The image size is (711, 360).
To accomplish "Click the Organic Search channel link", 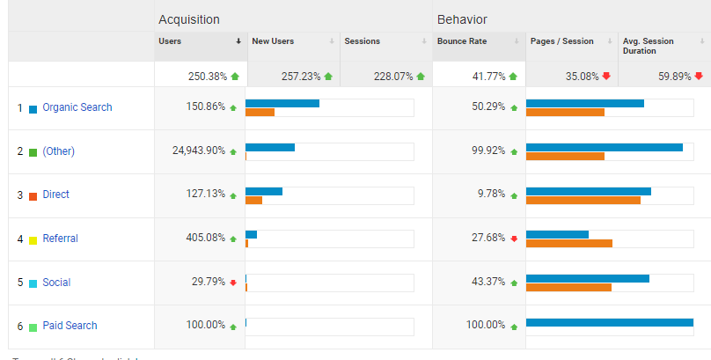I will coord(77,107).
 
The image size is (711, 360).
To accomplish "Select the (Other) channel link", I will coord(58,151).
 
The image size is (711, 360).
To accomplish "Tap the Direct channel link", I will coord(55,195).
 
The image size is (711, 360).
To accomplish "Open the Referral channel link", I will coord(60,239).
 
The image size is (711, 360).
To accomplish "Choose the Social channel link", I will coord(56,283).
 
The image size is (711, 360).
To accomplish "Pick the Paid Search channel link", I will coord(70,326).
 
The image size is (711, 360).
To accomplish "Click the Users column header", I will coord(171,41).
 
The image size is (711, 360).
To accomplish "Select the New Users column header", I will coord(273,41).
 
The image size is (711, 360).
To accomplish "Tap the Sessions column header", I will coord(362,41).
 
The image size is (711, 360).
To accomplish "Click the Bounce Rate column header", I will coord(461,41).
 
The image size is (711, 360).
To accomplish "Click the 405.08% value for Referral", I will coord(204,238).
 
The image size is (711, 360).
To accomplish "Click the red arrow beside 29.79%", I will coord(233,283).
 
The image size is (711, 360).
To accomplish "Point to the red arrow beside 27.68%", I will coord(514,239).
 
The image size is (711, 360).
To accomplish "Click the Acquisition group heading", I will coord(189,19).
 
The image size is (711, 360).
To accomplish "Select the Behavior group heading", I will coord(462,19).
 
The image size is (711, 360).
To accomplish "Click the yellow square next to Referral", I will coord(33,239).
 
